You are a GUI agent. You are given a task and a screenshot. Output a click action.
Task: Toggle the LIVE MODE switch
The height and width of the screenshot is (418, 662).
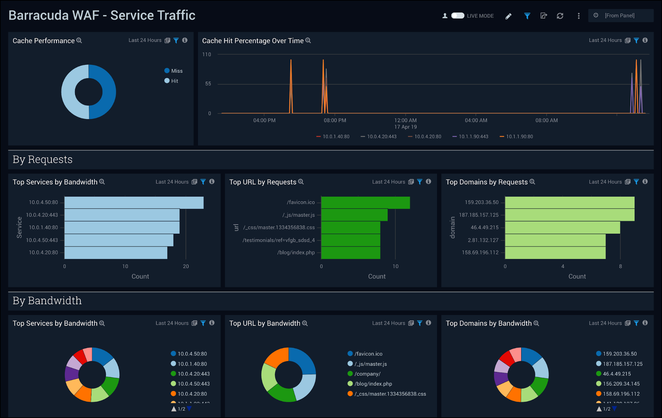[457, 16]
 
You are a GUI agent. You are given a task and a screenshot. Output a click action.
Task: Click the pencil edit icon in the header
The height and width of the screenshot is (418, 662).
[508, 16]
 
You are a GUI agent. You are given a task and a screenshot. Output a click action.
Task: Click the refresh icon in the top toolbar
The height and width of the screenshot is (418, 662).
[560, 16]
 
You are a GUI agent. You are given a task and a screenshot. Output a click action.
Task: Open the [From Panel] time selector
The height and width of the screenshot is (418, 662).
[620, 16]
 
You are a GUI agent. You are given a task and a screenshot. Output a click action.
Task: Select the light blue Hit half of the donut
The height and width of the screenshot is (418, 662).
[69, 92]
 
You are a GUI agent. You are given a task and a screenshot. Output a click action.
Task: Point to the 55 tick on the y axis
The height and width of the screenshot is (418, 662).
[208, 84]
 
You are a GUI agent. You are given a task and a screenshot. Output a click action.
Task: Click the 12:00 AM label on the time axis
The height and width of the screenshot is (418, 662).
[405, 120]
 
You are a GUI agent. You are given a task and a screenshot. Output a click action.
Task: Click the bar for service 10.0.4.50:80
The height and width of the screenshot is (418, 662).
[133, 202]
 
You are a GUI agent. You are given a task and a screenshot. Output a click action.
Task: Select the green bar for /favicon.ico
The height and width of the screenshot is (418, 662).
[365, 202]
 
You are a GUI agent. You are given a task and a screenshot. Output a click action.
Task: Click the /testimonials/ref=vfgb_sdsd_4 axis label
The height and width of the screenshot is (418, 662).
[278, 240]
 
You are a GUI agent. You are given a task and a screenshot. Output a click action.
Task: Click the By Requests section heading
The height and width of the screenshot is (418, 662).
[42, 159]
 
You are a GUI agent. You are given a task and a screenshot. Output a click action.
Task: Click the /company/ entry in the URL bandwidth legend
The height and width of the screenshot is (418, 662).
[367, 374]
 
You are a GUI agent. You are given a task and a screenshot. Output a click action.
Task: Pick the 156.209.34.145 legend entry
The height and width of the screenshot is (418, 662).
[621, 384]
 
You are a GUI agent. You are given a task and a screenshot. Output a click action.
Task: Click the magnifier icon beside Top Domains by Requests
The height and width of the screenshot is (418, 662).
[533, 182]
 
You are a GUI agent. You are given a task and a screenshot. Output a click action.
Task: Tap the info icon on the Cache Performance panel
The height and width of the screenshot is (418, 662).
[185, 40]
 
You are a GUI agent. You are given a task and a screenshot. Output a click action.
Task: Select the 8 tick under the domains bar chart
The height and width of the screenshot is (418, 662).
[620, 266]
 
